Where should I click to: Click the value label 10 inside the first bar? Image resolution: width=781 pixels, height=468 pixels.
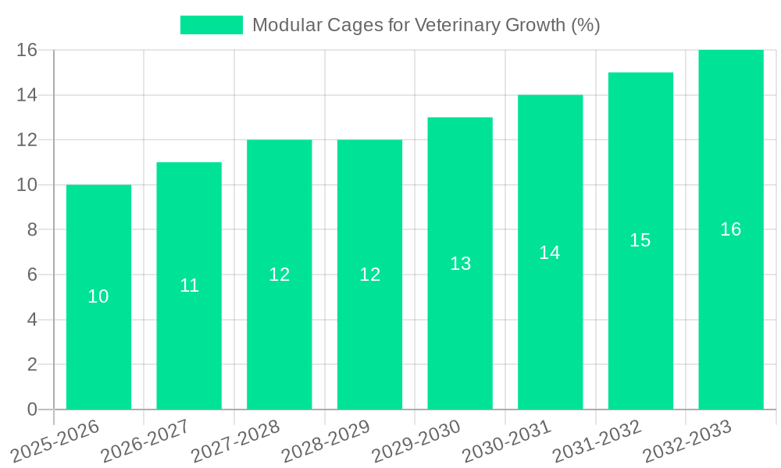click(98, 296)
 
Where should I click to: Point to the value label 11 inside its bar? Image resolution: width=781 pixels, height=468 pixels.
click(189, 285)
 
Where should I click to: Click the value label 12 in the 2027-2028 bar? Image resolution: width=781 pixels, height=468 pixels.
click(280, 275)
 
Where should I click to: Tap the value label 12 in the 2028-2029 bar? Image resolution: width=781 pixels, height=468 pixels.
click(369, 275)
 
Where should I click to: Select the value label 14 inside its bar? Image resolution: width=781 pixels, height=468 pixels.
click(550, 253)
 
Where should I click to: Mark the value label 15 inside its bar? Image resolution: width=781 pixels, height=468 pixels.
click(640, 240)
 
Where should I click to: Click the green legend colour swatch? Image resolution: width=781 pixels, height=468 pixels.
click(212, 25)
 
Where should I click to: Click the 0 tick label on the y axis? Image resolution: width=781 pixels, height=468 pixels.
click(32, 409)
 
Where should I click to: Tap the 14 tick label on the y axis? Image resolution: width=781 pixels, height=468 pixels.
click(27, 95)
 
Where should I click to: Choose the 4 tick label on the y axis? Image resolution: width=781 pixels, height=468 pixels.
click(32, 320)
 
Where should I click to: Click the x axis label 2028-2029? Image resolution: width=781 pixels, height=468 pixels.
click(326, 441)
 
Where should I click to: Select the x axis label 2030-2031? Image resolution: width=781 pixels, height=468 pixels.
click(506, 441)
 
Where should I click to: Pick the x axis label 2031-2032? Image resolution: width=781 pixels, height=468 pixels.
click(597, 441)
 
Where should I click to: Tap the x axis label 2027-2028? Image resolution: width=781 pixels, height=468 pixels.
click(235, 441)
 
